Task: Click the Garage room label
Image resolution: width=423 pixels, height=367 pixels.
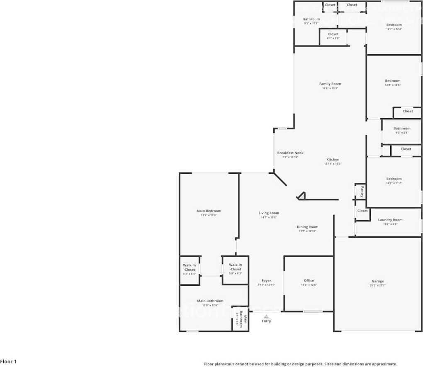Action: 377,281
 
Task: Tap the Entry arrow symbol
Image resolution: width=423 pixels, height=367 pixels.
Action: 266,316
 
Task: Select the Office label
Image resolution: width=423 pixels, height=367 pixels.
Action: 309,281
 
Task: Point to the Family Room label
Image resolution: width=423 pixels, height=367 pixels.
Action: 330,84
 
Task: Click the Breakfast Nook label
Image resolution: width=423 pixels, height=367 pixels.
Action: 290,153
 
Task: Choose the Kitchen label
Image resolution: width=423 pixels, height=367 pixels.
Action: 333,160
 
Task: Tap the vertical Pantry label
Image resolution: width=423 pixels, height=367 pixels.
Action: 362,192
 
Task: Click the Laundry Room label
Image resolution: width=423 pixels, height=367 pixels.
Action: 390,220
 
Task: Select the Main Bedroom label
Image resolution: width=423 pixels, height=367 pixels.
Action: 209,211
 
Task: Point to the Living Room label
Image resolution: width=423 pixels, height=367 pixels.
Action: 269,213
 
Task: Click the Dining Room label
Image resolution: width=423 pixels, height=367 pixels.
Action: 307,227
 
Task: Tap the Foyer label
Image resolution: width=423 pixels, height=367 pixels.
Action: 266,281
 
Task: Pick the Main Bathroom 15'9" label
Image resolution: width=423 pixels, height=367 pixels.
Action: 210,301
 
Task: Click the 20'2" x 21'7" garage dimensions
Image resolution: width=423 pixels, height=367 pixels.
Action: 377,286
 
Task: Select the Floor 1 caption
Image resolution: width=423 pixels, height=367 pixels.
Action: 8,362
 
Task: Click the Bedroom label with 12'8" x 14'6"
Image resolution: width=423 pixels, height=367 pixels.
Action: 393,81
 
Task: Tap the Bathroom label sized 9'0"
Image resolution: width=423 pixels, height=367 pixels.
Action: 402,129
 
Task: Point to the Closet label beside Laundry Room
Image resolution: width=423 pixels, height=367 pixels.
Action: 362,211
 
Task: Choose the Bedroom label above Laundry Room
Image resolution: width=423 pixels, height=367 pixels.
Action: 394,179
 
